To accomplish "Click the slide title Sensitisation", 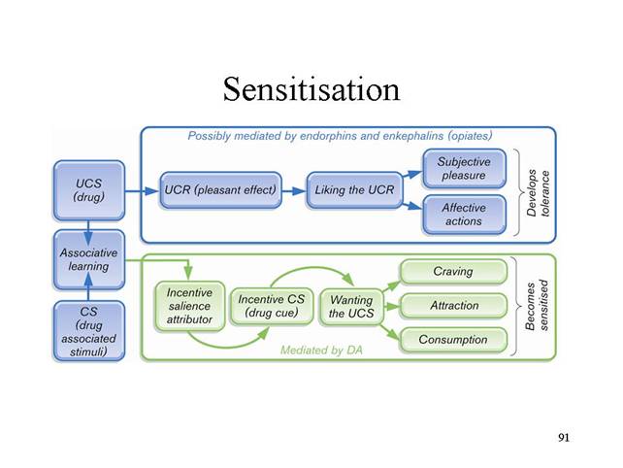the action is point(311,89).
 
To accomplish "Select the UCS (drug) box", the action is point(89,190).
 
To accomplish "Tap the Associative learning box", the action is point(89,259).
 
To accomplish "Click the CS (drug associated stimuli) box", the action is point(89,331).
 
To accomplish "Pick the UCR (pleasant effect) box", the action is point(220,190).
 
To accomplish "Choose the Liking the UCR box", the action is point(354,190).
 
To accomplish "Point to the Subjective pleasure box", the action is point(464,169).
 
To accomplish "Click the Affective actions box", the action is point(464,215).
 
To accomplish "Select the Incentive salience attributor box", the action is point(189,306).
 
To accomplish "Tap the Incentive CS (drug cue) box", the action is point(272,306).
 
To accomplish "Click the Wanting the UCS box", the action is point(351,307).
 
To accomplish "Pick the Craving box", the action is point(453,272).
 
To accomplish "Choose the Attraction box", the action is point(453,306).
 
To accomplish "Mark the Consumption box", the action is point(453,340).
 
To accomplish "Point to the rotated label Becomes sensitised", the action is point(537,306).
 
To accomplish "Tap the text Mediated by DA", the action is point(321,351).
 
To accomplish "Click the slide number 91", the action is point(564,437).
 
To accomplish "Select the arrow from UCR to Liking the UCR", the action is point(294,191).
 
